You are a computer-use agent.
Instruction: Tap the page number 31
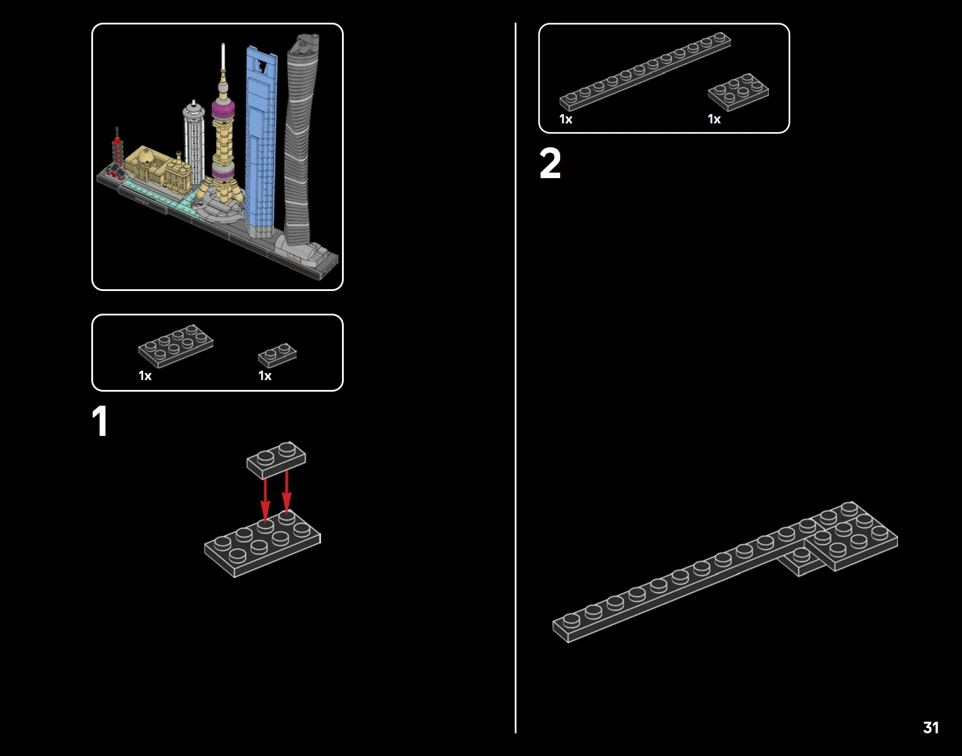(931, 727)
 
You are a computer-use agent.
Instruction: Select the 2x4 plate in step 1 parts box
(176, 345)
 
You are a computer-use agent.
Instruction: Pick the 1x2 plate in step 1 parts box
(277, 354)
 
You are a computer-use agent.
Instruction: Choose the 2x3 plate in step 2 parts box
(738, 91)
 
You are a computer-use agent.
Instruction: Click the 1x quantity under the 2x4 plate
(145, 376)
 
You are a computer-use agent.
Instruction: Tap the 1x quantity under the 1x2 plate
(265, 376)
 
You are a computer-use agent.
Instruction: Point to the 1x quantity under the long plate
(565, 119)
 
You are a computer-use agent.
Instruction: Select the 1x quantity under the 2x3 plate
(714, 119)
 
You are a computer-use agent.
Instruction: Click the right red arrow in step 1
(287, 492)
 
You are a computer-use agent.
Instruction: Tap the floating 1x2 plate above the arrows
(276, 459)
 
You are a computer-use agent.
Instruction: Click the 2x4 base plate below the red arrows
(262, 544)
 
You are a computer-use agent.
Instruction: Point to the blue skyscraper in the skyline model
(261, 140)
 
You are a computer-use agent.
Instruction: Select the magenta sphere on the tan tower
(223, 109)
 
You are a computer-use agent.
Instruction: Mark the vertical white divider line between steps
(515, 378)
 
